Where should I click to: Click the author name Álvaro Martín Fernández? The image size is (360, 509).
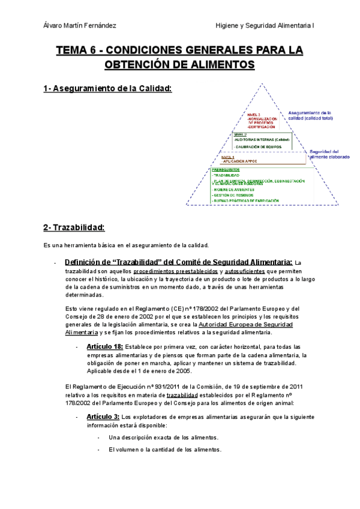[80, 25]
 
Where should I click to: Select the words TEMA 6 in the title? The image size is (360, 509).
[77, 51]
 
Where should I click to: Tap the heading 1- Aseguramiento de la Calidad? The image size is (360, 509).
[107, 89]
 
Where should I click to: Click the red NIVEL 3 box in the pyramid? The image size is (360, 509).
[261, 121]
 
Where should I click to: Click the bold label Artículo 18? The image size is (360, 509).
[104, 346]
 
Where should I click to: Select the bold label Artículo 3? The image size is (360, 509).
[102, 417]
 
